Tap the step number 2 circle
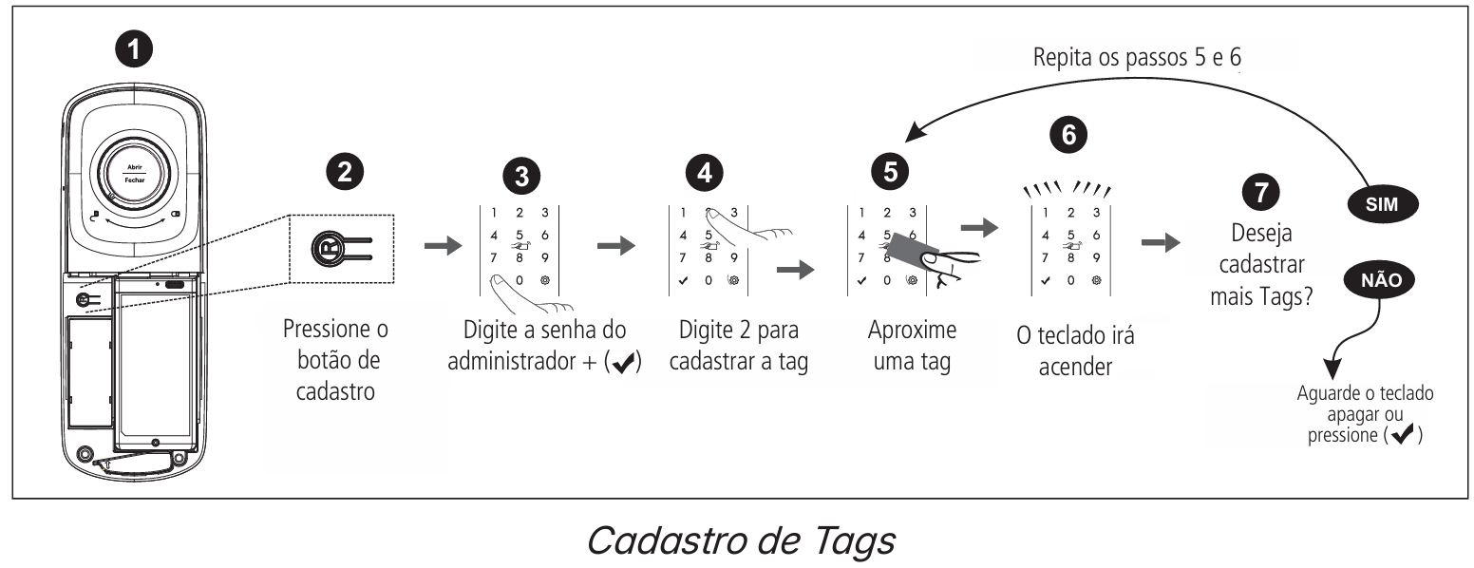[x=344, y=172]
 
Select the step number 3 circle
[x=520, y=178]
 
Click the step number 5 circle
[x=889, y=172]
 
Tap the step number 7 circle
[x=1260, y=193]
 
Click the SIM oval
[x=1383, y=203]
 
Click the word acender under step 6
[x=1076, y=368]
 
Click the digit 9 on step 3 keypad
[x=544, y=256]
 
